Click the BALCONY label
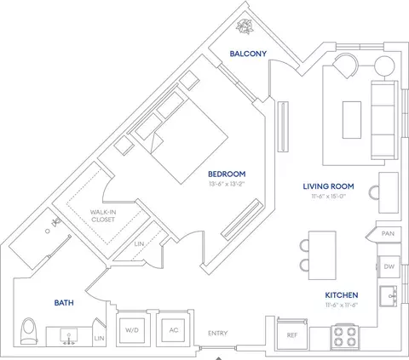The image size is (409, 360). pyautogui.click(x=248, y=54)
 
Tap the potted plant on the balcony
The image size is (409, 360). pyautogui.click(x=245, y=26)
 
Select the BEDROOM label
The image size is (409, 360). pyautogui.click(x=227, y=174)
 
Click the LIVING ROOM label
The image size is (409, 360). pyautogui.click(x=328, y=186)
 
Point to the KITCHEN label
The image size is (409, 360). pyautogui.click(x=342, y=295)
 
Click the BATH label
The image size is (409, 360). pyautogui.click(x=64, y=303)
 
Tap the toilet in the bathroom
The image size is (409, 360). pyautogui.click(x=29, y=331)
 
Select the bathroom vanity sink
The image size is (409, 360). pyautogui.click(x=68, y=335)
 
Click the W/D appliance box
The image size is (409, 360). pyautogui.click(x=132, y=330)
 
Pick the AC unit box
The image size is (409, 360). pyautogui.click(x=173, y=330)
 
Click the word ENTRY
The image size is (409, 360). pyautogui.click(x=218, y=333)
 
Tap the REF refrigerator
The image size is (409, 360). pyautogui.click(x=292, y=334)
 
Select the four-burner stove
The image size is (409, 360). pyautogui.click(x=344, y=337)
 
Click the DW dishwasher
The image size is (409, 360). pyautogui.click(x=389, y=266)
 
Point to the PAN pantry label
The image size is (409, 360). pyautogui.click(x=388, y=233)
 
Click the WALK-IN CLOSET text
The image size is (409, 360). pyautogui.click(x=103, y=215)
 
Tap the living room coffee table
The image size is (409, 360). pyautogui.click(x=352, y=120)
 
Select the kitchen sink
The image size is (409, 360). pyautogui.click(x=389, y=296)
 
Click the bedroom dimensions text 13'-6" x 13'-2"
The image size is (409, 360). pyautogui.click(x=227, y=184)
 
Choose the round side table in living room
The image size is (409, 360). pyautogui.click(x=384, y=66)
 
